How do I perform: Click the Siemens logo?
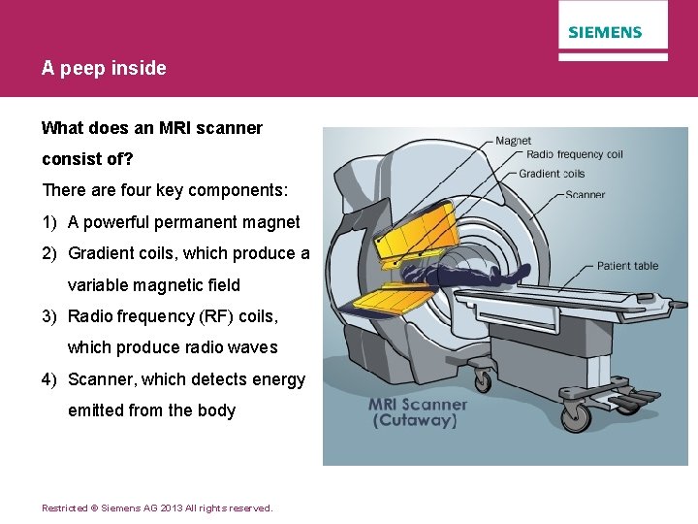(605, 32)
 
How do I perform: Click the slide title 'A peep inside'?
(104, 68)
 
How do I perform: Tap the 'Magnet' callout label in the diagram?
(513, 141)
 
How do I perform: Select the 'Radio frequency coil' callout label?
(574, 155)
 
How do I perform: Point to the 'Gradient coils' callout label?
(552, 174)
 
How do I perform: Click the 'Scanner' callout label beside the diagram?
(585, 194)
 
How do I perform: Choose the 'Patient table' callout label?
(627, 266)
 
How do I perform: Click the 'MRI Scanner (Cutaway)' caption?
(417, 412)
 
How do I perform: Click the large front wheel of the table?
(575, 415)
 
